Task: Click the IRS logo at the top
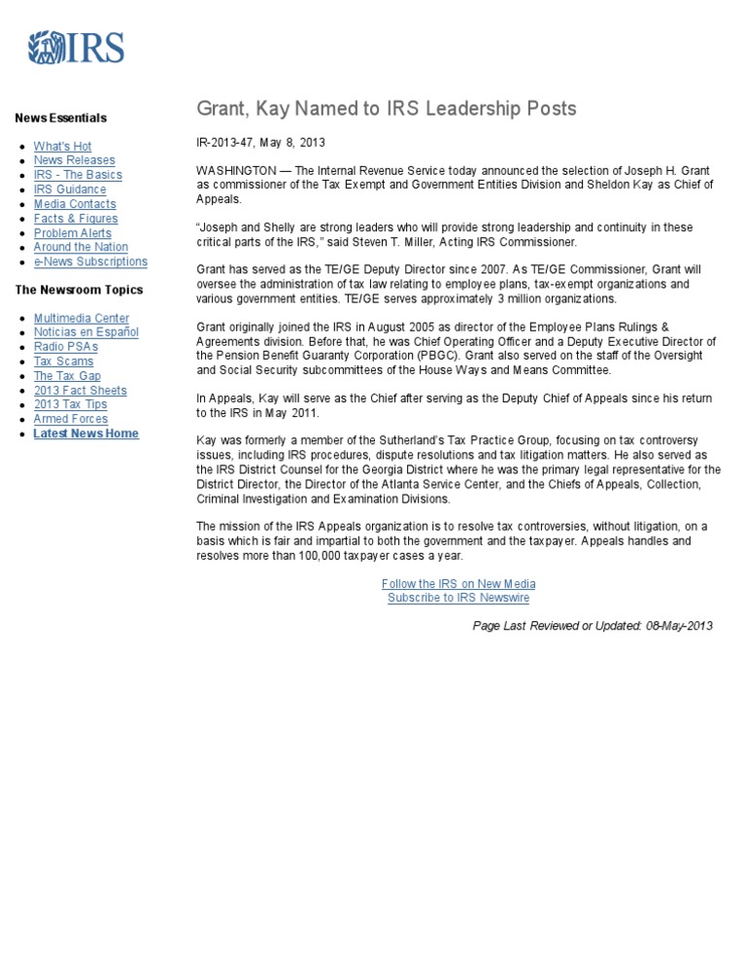pyautogui.click(x=76, y=48)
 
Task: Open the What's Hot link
pyautogui.click(x=62, y=146)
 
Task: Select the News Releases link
pyautogui.click(x=74, y=160)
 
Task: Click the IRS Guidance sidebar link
pyautogui.click(x=70, y=190)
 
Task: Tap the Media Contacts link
pyautogui.click(x=75, y=204)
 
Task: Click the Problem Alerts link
pyautogui.click(x=72, y=233)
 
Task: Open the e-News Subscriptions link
pyautogui.click(x=90, y=261)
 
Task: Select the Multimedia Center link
pyautogui.click(x=81, y=319)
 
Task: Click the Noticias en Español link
pyautogui.click(x=85, y=332)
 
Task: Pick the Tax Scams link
pyautogui.click(x=63, y=362)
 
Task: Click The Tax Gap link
pyautogui.click(x=67, y=376)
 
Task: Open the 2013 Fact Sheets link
pyautogui.click(x=80, y=391)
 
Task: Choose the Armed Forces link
pyautogui.click(x=71, y=419)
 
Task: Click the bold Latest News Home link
pyautogui.click(x=85, y=433)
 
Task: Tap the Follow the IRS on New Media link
pyautogui.click(x=458, y=584)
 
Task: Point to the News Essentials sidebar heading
pyautogui.click(x=60, y=119)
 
